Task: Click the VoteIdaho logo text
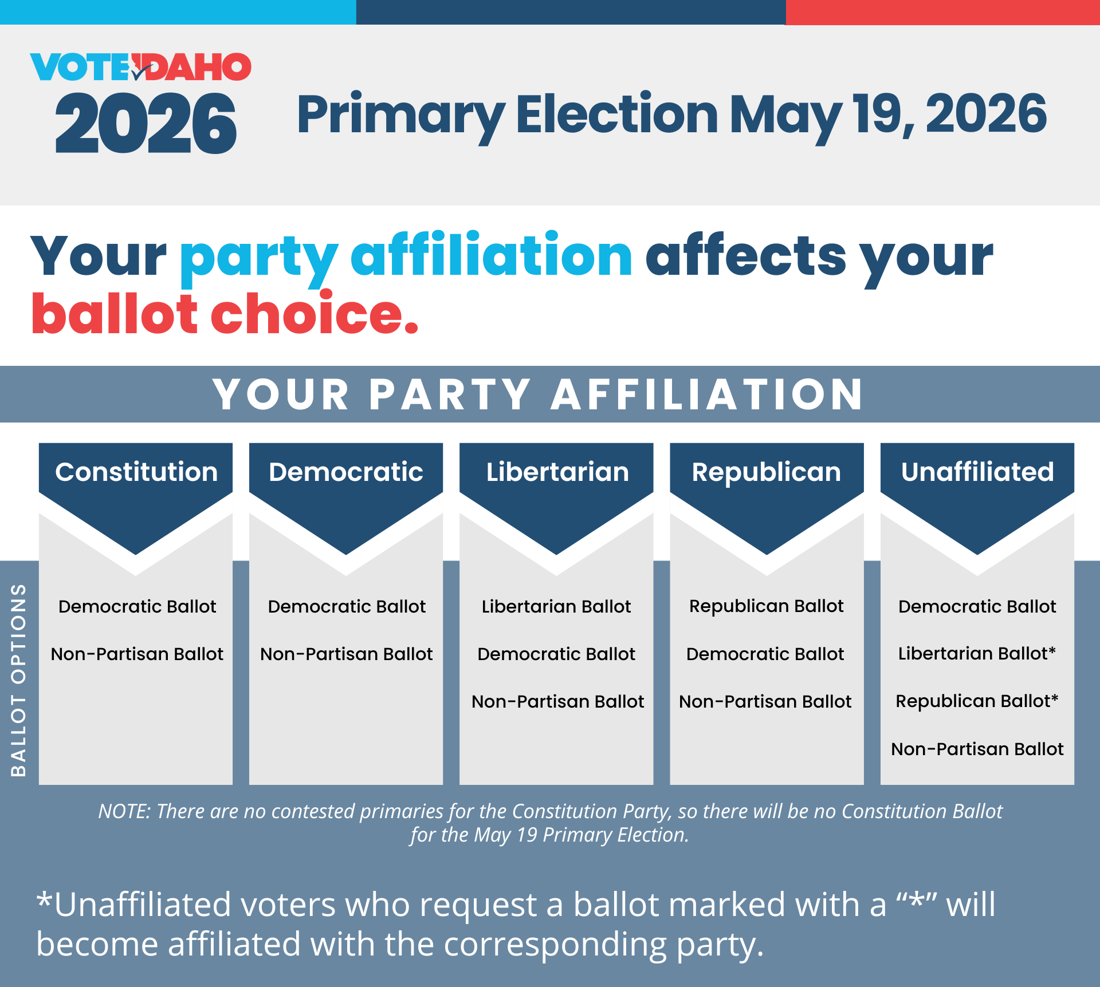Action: [x=141, y=67]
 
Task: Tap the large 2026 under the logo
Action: [x=146, y=124]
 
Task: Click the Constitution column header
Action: [x=136, y=472]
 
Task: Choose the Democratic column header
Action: [x=346, y=472]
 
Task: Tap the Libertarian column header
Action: [x=557, y=472]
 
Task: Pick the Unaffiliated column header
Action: [x=977, y=472]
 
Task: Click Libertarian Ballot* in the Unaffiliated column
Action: [x=977, y=653]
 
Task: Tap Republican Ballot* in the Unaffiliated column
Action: [x=977, y=701]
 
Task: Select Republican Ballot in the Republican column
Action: [x=767, y=606]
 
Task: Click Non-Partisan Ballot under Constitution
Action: [x=137, y=654]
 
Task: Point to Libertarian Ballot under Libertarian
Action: [x=556, y=606]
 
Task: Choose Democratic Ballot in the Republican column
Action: [x=765, y=654]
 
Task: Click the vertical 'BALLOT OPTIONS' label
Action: [x=19, y=680]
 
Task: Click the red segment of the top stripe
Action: [x=942, y=12]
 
